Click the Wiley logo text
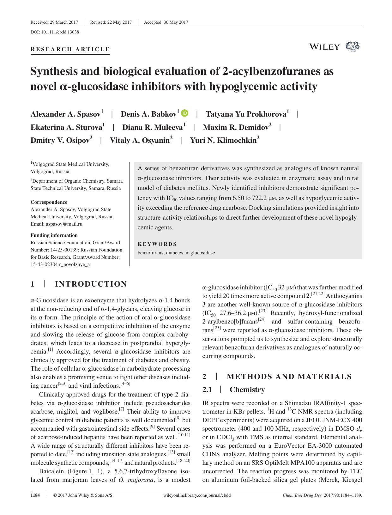325,47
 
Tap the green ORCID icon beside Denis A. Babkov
185,113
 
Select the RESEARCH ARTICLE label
70,49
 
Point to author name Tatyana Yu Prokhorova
247,114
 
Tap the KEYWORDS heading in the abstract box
157,244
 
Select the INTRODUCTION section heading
91,284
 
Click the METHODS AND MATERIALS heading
289,377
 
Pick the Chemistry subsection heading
247,390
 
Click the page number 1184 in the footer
35,495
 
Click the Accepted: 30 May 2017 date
166,22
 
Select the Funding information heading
54,235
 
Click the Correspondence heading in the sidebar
49,202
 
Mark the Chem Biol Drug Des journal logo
353,47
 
